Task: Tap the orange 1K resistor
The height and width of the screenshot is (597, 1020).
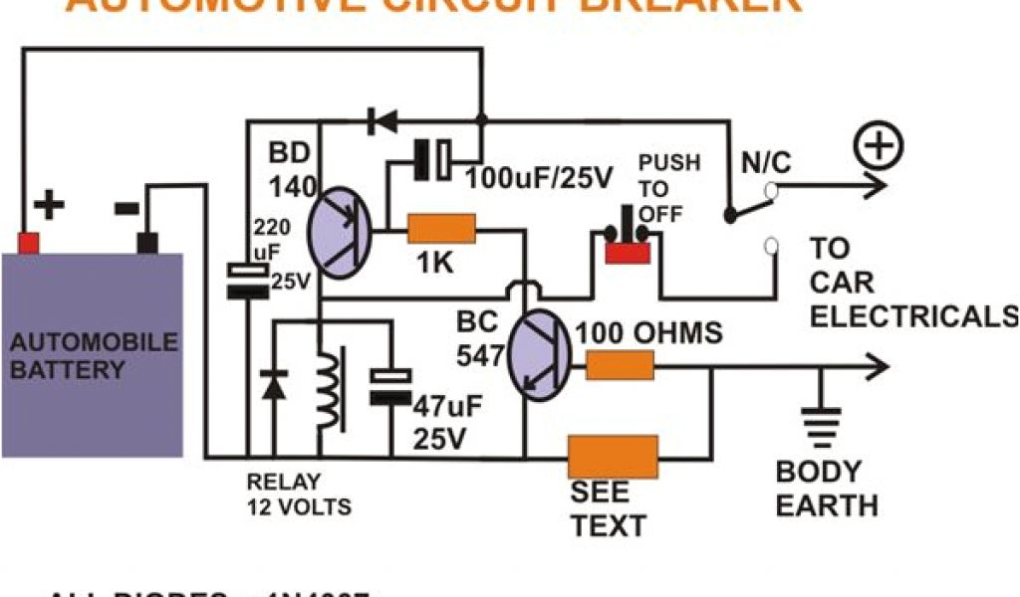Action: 442,232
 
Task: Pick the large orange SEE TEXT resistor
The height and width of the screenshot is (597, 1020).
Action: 613,458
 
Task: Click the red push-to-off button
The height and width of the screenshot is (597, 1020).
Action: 630,252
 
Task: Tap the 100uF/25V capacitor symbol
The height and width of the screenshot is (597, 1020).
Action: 434,159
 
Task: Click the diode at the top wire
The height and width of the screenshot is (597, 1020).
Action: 381,122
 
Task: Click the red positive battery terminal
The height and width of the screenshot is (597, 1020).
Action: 30,243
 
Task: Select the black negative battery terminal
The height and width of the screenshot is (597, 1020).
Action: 148,243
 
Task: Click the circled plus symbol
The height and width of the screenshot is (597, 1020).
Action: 878,150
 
